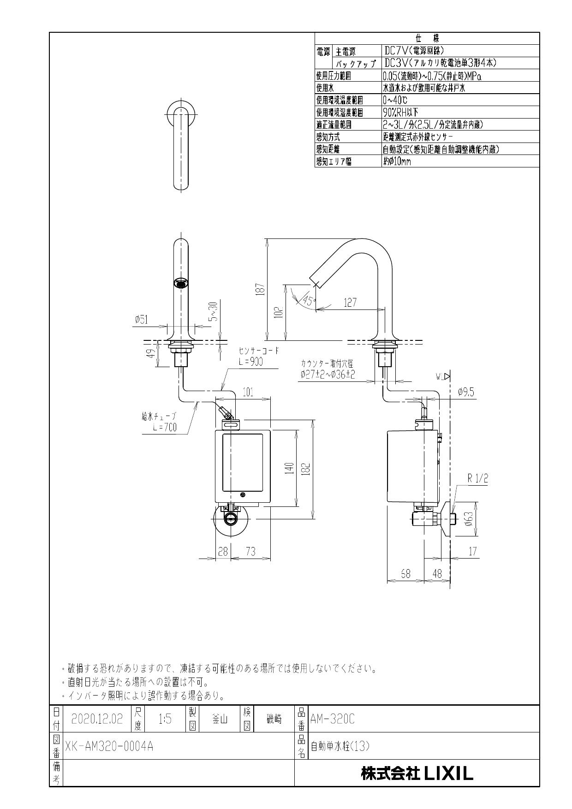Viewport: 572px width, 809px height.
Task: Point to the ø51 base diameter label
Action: pyautogui.click(x=142, y=319)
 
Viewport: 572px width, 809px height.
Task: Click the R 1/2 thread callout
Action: pyautogui.click(x=477, y=479)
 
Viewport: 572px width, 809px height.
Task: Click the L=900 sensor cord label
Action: pyautogui.click(x=251, y=362)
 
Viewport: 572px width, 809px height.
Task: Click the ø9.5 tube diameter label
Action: pyautogui.click(x=465, y=392)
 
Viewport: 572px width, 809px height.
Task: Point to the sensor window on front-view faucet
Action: pyautogui.click(x=182, y=283)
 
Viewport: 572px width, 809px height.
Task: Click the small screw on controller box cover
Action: pyautogui.click(x=243, y=495)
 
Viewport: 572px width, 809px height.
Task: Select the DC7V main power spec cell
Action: pyautogui.click(x=413, y=51)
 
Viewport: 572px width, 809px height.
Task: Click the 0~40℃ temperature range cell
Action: pyautogui.click(x=395, y=100)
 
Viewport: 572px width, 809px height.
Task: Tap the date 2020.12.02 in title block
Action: pyautogui.click(x=97, y=719)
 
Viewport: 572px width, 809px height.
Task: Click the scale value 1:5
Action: pyautogui.click(x=165, y=719)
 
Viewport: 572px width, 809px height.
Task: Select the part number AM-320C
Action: pyautogui.click(x=333, y=719)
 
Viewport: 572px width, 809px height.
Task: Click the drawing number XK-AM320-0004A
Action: pyautogui.click(x=109, y=746)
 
